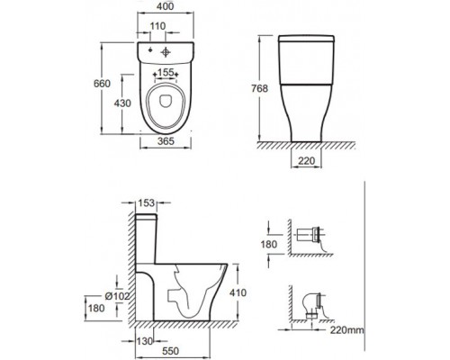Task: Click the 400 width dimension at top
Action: [165, 7]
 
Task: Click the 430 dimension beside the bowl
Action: [123, 105]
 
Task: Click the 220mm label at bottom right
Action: [345, 331]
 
